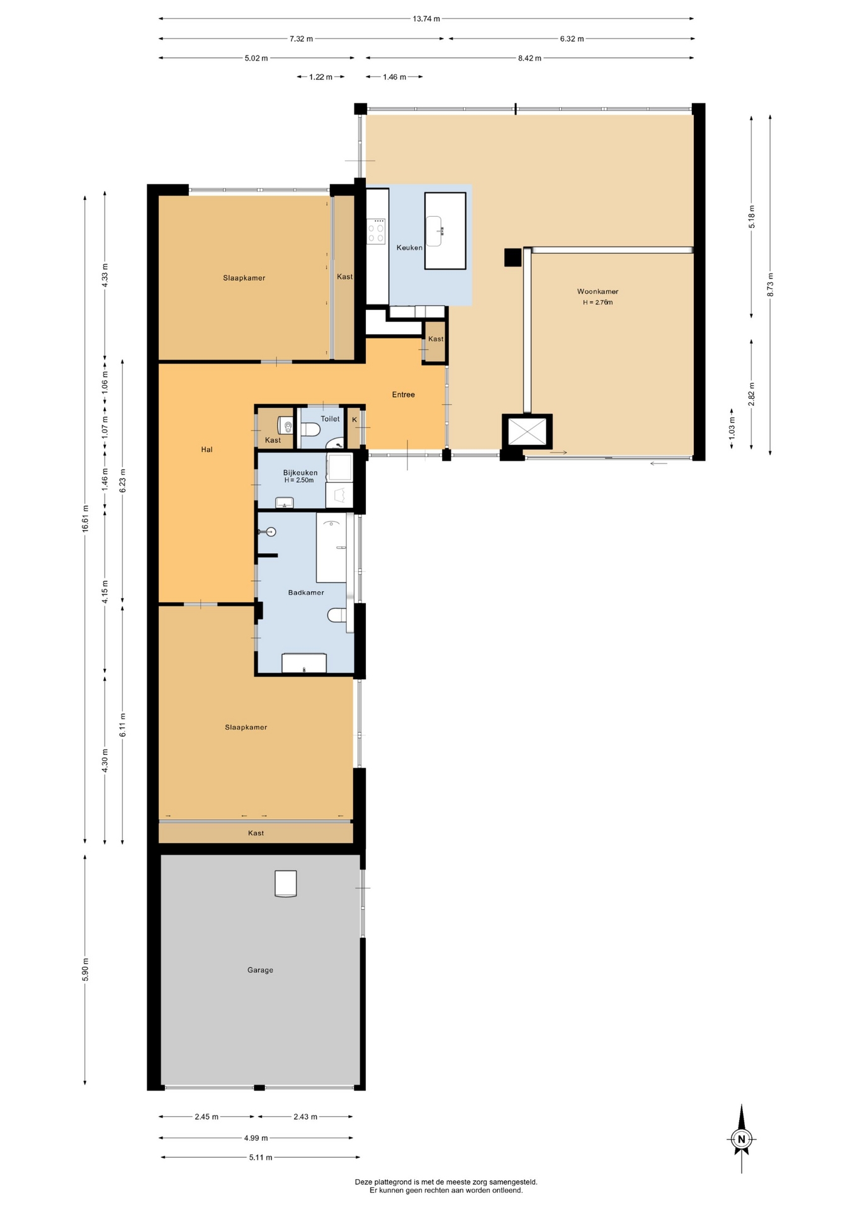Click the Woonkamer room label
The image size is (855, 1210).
597,292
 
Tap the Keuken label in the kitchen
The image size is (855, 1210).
409,248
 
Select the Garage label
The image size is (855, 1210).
260,970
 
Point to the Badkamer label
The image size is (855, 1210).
306,592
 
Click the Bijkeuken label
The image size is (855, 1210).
300,473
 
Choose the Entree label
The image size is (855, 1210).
404,395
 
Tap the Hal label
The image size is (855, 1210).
207,449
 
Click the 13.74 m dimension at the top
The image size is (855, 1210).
426,19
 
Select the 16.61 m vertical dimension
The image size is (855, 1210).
85,518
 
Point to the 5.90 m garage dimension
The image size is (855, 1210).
85,969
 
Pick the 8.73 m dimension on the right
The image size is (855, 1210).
771,284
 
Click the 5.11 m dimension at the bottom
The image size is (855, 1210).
261,1157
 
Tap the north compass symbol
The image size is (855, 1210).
742,1139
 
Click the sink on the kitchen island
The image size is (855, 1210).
436,231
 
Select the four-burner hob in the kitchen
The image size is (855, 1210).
377,231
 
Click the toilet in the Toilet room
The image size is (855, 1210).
310,430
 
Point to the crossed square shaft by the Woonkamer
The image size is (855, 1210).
527,432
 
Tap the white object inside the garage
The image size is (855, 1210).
285,884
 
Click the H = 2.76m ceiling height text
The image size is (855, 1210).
597,302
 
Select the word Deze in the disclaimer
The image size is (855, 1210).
363,1182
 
